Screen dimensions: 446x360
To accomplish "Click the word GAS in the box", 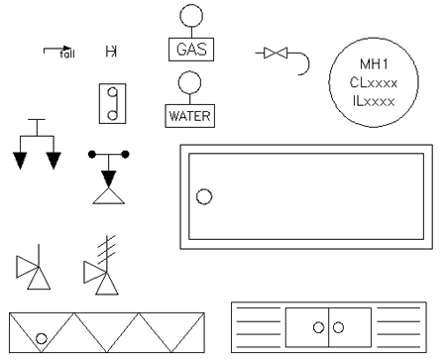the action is click(x=191, y=50).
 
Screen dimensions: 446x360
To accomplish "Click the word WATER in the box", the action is click(x=189, y=116).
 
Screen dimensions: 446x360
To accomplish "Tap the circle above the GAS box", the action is click(x=191, y=16).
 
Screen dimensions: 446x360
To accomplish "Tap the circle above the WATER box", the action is click(x=189, y=82).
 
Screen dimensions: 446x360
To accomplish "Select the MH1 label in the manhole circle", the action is click(x=374, y=64).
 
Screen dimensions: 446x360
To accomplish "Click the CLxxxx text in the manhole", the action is click(x=374, y=82).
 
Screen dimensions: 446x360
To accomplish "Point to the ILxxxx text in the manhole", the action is click(x=374, y=101).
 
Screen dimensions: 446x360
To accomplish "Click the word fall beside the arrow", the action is click(x=67, y=54).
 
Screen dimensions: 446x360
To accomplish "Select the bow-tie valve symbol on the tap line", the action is click(x=276, y=53).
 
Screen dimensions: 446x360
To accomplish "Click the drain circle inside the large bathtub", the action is click(x=204, y=196).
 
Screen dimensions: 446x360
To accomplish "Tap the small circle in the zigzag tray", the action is click(x=42, y=338).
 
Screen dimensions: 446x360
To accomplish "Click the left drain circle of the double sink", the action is click(x=318, y=327).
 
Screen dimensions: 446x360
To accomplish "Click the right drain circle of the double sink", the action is click(x=338, y=327).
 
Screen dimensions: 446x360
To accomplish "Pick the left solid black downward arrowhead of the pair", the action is click(x=20, y=160).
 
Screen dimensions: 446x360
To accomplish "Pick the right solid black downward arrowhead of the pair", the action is click(x=54, y=160).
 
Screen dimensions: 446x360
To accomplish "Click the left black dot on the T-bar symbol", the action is click(x=92, y=154).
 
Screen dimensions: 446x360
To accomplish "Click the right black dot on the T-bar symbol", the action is click(x=125, y=154).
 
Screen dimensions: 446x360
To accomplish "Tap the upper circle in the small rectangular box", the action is click(x=113, y=91).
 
